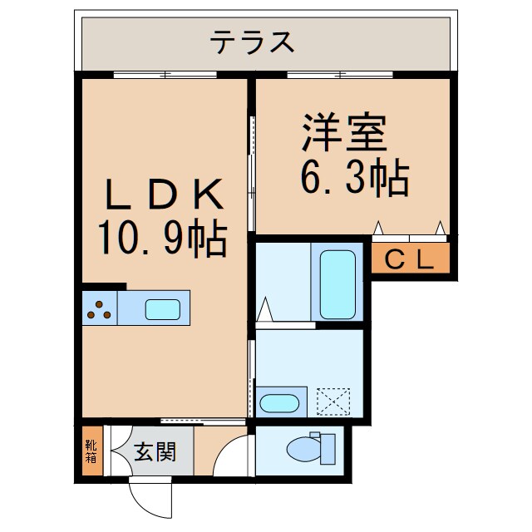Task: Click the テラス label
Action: tap(252, 42)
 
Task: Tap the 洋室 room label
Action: tap(345, 132)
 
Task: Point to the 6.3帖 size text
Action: tap(355, 177)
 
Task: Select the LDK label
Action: tap(165, 195)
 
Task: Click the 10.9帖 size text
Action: tap(163, 238)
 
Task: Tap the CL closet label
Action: tap(410, 260)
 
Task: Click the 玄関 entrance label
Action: tap(155, 452)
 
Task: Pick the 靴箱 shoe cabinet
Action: tap(92, 451)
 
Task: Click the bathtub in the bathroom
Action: tap(337, 284)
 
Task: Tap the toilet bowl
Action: tap(304, 449)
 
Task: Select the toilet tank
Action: tap(328, 449)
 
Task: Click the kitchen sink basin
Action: tap(163, 309)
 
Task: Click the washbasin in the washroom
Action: tap(279, 403)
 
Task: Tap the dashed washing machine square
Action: tap(333, 401)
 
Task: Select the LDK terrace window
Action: tap(165, 75)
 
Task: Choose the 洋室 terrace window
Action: tap(340, 75)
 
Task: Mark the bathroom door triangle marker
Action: tap(265, 309)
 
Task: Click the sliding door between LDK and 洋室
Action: tap(251, 174)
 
